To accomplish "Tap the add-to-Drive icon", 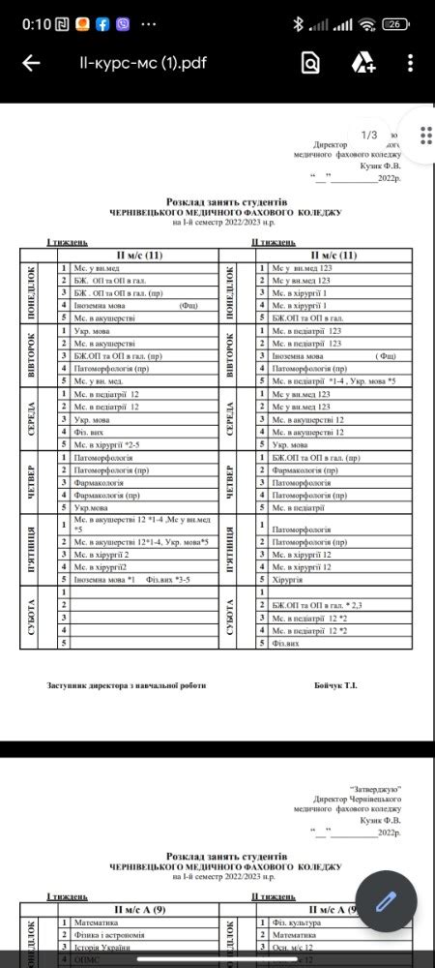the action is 363,64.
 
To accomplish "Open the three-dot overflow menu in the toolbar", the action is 411,64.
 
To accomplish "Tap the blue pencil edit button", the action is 386,900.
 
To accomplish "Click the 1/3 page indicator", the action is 368,134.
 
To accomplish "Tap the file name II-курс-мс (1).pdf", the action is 143,64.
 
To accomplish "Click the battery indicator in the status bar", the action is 393,23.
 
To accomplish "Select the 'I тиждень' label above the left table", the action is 68,242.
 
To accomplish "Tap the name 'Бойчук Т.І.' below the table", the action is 336,685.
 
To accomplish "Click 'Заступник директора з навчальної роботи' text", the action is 127,685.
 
